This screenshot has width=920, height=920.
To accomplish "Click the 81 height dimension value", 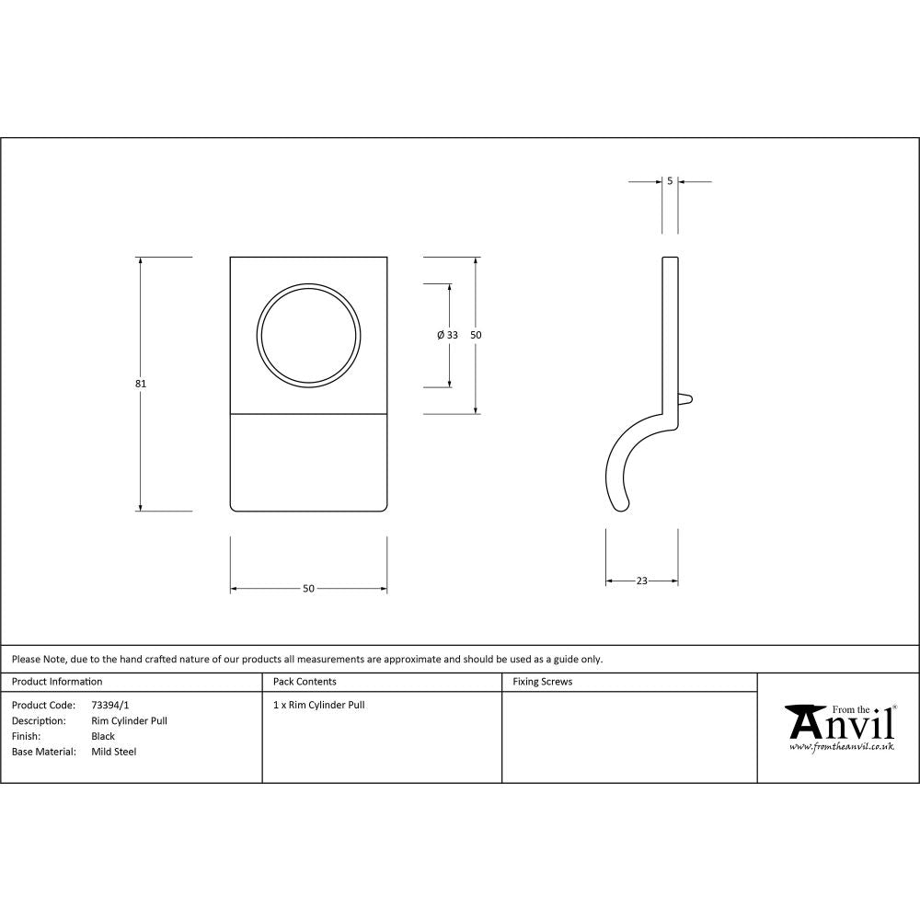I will tap(141, 383).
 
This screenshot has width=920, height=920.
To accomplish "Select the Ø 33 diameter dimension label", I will tap(448, 335).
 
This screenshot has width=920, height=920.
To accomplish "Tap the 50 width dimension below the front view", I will tap(308, 589).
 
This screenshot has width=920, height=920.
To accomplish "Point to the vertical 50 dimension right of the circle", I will tap(476, 335).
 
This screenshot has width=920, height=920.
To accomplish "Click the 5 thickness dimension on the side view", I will tap(670, 181).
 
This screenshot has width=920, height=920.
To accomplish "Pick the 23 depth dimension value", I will tap(641, 581).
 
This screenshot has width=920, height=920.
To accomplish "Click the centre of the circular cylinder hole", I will tap(308, 335).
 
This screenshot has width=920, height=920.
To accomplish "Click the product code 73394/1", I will tap(110, 706).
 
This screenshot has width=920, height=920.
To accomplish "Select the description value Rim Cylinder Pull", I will tap(129, 721).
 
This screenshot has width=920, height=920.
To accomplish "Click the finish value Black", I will tap(103, 736).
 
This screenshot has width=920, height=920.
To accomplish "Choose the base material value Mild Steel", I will tap(114, 752).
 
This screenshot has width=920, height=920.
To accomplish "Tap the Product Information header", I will tap(57, 682).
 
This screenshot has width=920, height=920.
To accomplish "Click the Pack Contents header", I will tap(305, 682).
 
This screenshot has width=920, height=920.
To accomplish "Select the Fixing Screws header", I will tap(542, 682).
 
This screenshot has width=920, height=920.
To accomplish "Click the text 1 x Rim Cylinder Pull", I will tap(318, 706).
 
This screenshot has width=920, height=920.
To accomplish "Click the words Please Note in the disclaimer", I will tap(39, 659).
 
